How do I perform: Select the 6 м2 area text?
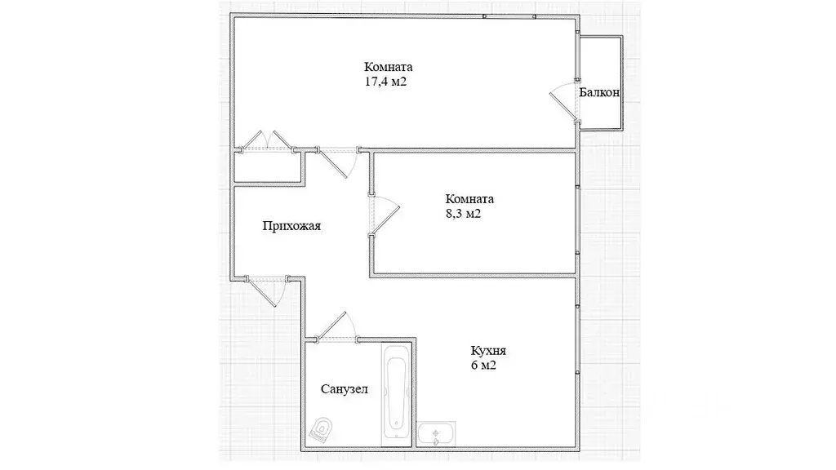(x=483, y=366)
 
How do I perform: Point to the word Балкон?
(x=599, y=93)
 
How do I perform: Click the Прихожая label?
(x=291, y=227)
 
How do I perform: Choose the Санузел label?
(x=344, y=389)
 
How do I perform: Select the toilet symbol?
(x=325, y=428)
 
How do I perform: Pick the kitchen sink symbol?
(x=437, y=433)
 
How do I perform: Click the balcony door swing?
(x=563, y=103)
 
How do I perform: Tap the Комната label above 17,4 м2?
(x=389, y=68)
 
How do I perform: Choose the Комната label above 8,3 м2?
(x=469, y=199)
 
